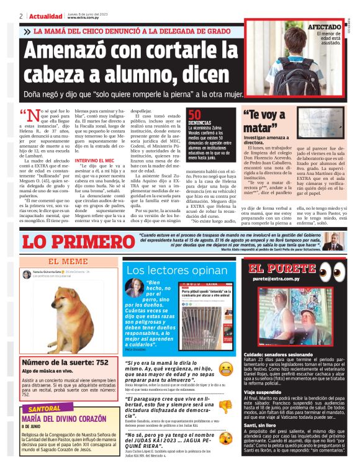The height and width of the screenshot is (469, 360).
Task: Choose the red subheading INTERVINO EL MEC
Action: click(x=97, y=161)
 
